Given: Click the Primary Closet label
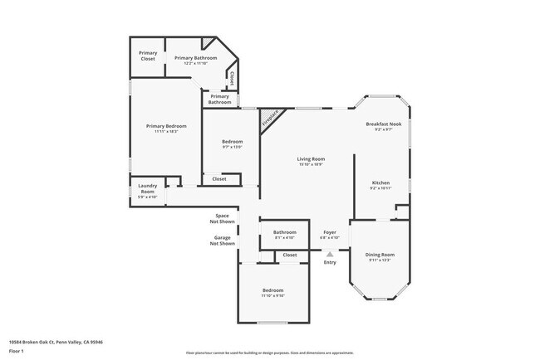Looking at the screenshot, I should coord(148,56).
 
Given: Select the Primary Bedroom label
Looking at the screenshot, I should coord(166,128).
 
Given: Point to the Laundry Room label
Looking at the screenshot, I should coord(147,189).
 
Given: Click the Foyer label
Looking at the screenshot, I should coord(329,234).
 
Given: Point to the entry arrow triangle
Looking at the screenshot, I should coord(330,255).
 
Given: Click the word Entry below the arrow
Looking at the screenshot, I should coord(330,263).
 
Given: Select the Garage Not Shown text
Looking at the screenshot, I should coord(222,241).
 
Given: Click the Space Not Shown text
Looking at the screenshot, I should coord(222,219).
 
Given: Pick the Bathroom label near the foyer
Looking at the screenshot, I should coord(285,234).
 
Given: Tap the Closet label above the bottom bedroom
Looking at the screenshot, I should coord(290,255).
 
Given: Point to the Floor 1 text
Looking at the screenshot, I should coord(17,352).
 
